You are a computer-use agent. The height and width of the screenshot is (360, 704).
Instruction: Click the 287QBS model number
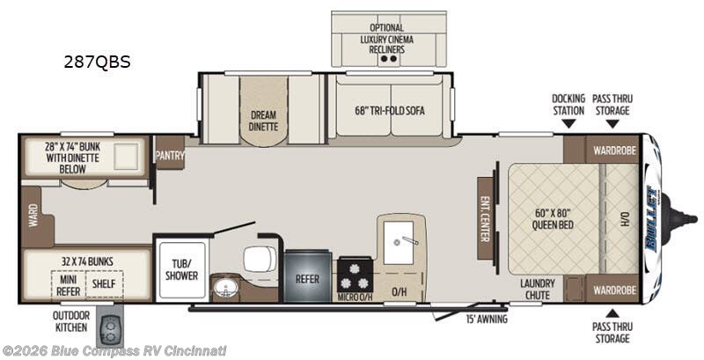pos(97,62)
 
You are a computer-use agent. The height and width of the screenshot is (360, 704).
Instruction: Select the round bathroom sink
pos(223,288)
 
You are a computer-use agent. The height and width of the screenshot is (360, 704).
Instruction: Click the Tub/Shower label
pos(181,269)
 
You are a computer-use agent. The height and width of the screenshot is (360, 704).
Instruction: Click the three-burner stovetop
pos(355,275)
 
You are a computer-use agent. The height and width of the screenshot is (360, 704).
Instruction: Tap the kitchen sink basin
pos(399,243)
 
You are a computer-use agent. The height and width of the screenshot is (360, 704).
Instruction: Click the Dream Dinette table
pos(263,111)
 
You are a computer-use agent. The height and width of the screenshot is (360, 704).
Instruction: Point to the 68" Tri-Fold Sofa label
pos(390,110)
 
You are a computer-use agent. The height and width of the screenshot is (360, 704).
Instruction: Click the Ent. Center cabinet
pos(485,218)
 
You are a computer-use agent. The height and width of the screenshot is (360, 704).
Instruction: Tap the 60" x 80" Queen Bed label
pos(553,218)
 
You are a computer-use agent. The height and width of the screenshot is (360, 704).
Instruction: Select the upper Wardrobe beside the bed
pos(612,150)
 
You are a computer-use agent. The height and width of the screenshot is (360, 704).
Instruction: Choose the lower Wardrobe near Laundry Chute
pos(612,289)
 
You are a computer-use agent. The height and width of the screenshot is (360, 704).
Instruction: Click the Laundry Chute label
pos(538,289)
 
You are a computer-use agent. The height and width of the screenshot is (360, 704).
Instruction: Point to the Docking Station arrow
pos(568,123)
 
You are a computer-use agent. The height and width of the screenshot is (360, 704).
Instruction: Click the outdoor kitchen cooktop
pos(109,331)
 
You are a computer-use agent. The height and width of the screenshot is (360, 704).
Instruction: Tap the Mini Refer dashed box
pos(69,284)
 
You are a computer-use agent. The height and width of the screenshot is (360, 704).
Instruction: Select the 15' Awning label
pos(487,320)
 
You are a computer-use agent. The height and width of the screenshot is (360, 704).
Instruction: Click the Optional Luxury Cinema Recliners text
pos(387,39)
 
